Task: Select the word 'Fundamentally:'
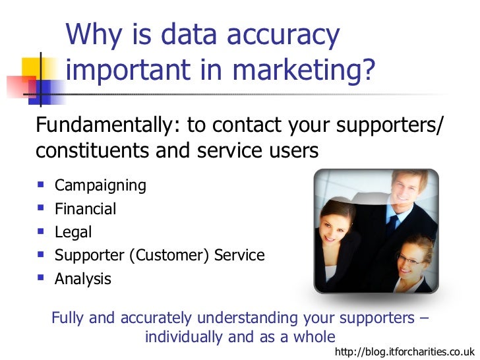click(x=108, y=124)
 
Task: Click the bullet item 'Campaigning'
click(x=100, y=185)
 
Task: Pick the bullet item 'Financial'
click(x=85, y=209)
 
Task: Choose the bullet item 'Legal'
click(x=73, y=232)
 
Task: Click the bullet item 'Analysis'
click(x=83, y=279)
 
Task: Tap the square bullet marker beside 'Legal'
click(x=42, y=232)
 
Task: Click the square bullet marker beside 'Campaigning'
click(x=42, y=185)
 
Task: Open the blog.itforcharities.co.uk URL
click(x=404, y=352)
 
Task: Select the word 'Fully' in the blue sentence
click(x=67, y=318)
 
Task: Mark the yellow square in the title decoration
click(x=31, y=68)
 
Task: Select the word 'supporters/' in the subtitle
click(x=390, y=124)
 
